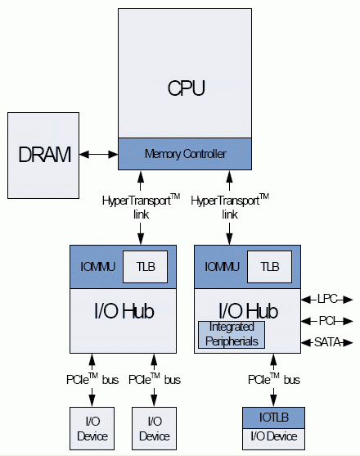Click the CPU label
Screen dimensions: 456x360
point(185,88)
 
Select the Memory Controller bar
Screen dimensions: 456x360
point(185,153)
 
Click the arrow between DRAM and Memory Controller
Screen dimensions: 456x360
point(97,154)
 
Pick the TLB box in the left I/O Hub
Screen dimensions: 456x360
point(145,266)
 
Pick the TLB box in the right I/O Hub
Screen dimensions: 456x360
point(269,266)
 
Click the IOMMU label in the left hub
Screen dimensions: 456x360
point(96,266)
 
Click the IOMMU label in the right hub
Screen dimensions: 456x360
point(219,266)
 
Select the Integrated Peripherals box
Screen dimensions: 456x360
point(232,333)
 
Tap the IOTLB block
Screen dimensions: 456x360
point(273,418)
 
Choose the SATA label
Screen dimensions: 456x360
point(328,341)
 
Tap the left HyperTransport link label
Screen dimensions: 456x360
point(140,205)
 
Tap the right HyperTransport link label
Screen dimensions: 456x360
point(229,205)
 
